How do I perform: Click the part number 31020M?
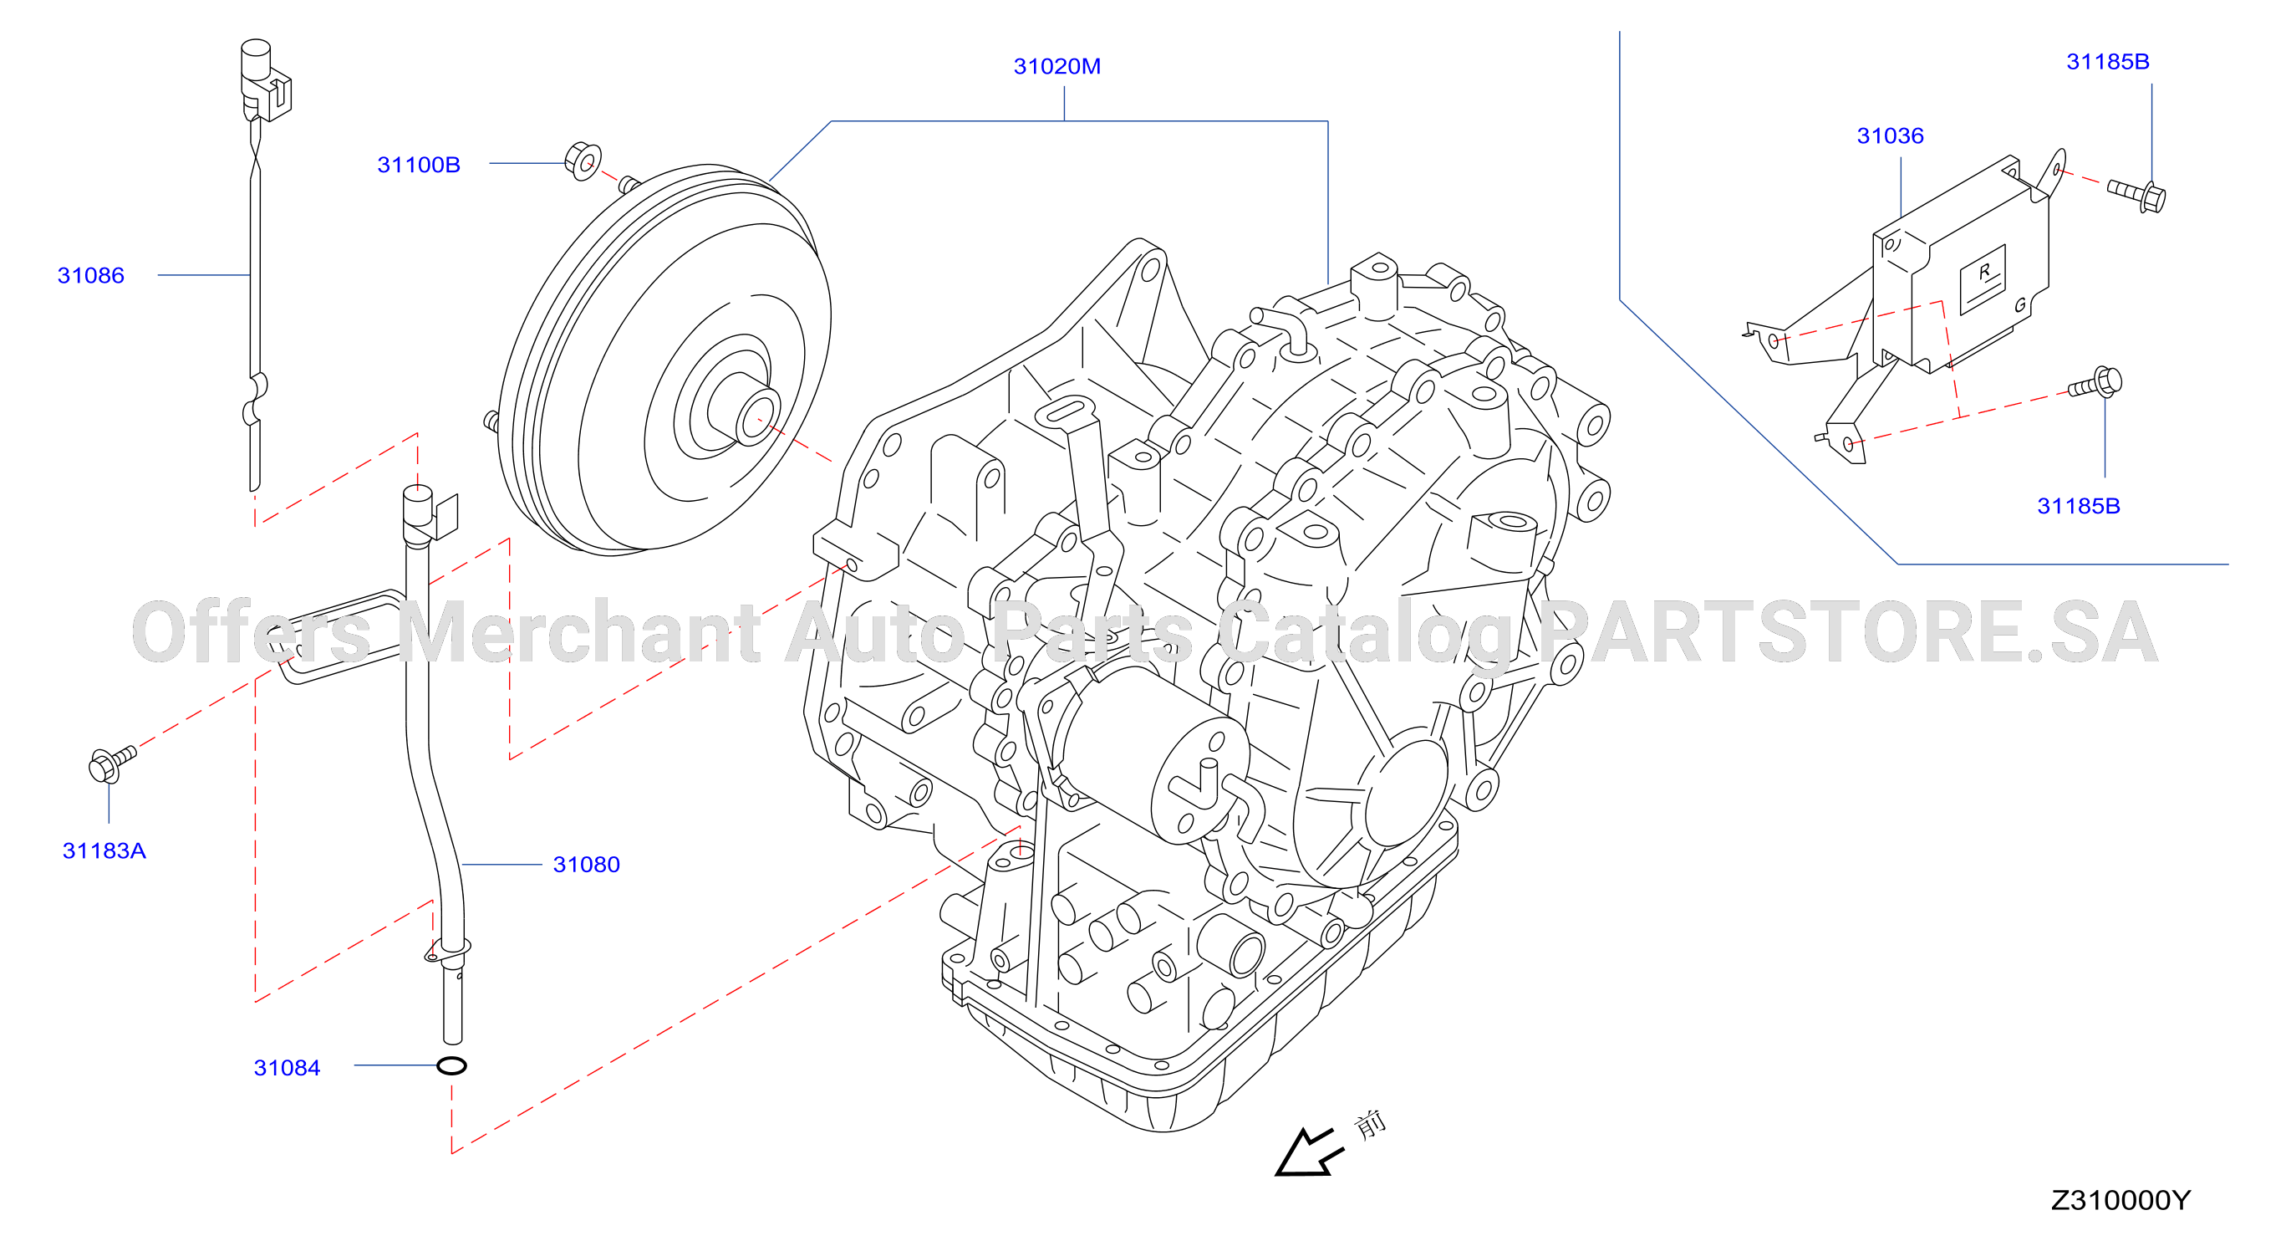tap(1057, 67)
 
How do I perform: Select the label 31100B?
tap(419, 165)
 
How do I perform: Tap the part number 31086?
tap(90, 275)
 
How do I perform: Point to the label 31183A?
tap(104, 850)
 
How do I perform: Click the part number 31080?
tap(587, 865)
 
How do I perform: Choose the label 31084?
tap(287, 1068)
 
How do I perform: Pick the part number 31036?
tap(1890, 135)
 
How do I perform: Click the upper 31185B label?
tap(2108, 61)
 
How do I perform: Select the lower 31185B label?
tap(2079, 506)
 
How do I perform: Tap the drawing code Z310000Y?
tap(2120, 1200)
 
